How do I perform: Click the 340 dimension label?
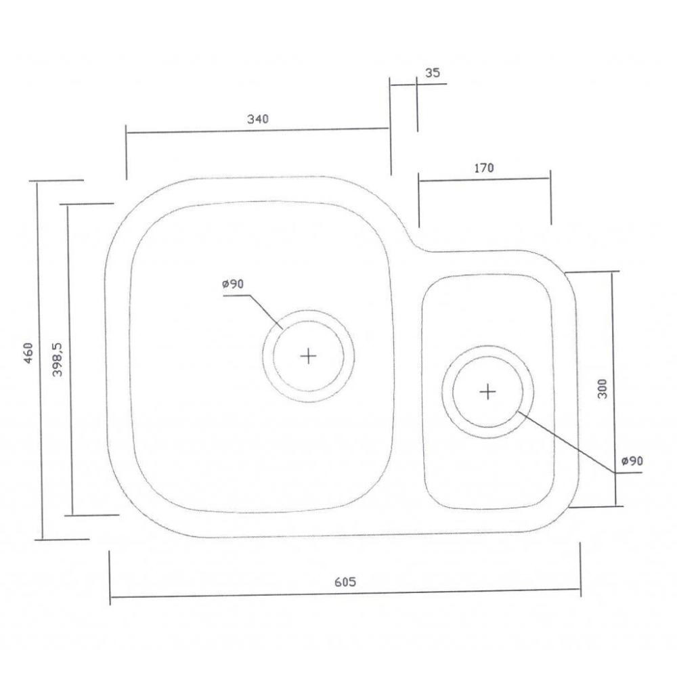coord(258,118)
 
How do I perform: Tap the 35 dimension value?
coord(433,73)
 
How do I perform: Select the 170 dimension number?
coord(483,168)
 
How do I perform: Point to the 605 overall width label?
coord(345,582)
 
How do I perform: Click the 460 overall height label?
coord(28,353)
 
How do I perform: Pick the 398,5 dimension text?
coord(58,359)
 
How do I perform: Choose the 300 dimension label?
coord(603,389)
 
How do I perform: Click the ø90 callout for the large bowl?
coord(233,284)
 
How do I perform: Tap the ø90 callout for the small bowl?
coord(632,461)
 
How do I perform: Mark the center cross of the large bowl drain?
coord(308,356)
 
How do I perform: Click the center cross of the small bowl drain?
coord(488,392)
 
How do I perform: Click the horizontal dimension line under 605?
coord(345,593)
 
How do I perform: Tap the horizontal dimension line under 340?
coord(258,130)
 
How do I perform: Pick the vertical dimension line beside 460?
coord(40,360)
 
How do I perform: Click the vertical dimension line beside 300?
coord(613,389)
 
